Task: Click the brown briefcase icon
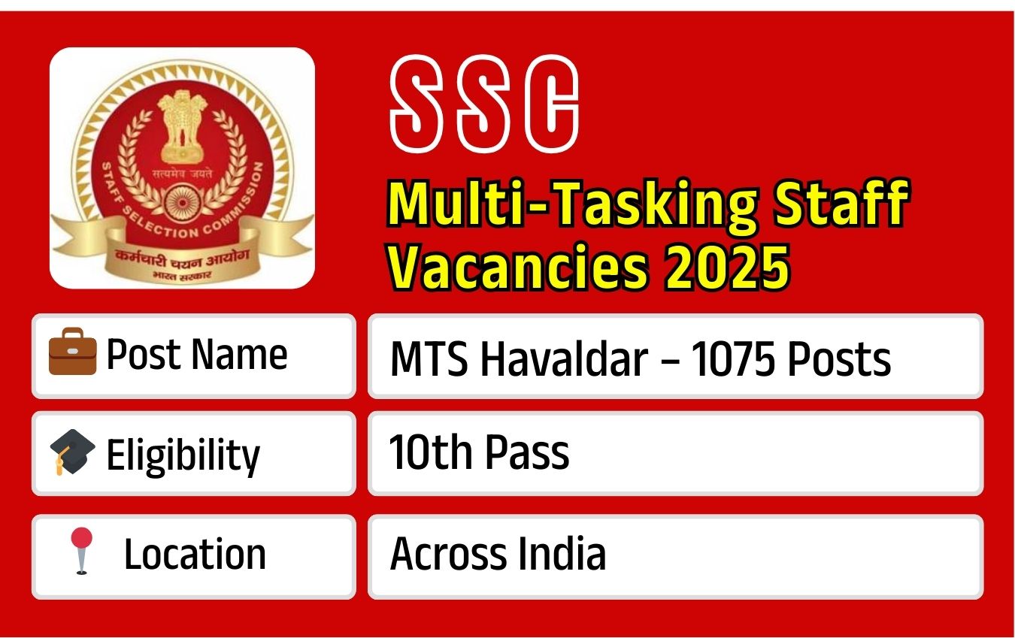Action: tap(72, 355)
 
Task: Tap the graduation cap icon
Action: tap(72, 453)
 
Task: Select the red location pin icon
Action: tap(81, 551)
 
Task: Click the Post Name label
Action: tap(196, 354)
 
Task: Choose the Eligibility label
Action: tap(183, 455)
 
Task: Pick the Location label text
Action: tap(195, 555)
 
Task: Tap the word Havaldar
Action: tap(563, 358)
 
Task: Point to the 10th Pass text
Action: tap(479, 453)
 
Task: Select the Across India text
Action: tap(498, 555)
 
